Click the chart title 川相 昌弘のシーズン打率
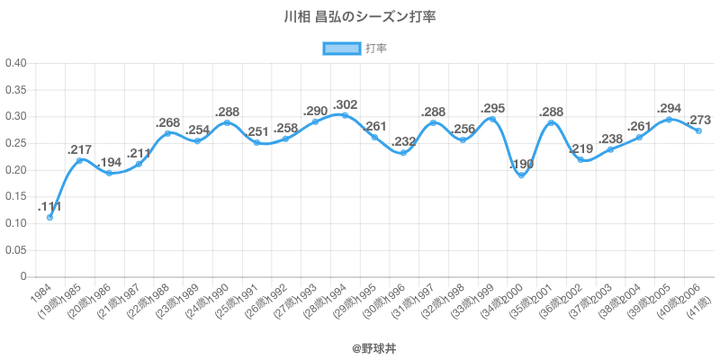pyautogui.click(x=360, y=17)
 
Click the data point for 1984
pyautogui.click(x=49, y=217)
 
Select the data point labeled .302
pyautogui.click(x=345, y=115)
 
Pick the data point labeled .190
pyautogui.click(x=521, y=175)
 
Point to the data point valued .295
pyautogui.click(x=491, y=119)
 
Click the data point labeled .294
pyautogui.click(x=669, y=119)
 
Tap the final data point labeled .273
pyautogui.click(x=698, y=130)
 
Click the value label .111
pyautogui.click(x=49, y=206)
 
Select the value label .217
pyautogui.click(x=79, y=149)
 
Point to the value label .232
pyautogui.click(x=403, y=141)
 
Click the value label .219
pyautogui.click(x=580, y=148)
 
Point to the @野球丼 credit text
pyautogui.click(x=360, y=346)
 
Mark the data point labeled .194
pyautogui.click(x=109, y=173)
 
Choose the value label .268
pyautogui.click(x=168, y=122)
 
